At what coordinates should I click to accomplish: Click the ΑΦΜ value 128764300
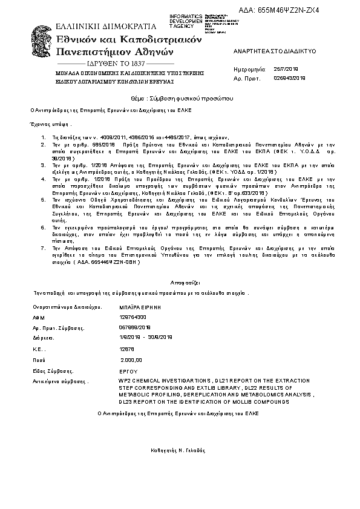click(x=133, y=317)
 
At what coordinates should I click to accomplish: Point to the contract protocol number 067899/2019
click(x=134, y=327)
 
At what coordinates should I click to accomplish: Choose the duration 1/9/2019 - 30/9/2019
click(x=147, y=337)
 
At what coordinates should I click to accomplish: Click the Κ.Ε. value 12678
click(x=127, y=349)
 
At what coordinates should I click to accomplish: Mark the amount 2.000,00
click(x=131, y=360)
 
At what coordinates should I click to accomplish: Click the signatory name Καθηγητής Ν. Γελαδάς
click(x=178, y=451)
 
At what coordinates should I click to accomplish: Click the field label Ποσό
click(x=39, y=360)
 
